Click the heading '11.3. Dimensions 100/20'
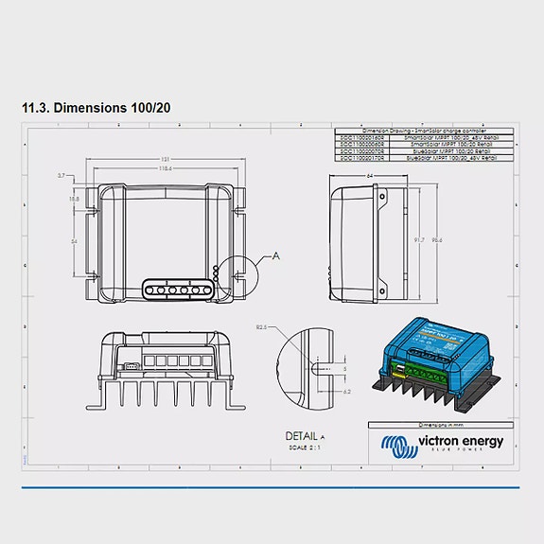pyautogui.click(x=96, y=108)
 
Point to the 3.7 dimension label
pyautogui.click(x=61, y=176)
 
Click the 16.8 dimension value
pyautogui.click(x=74, y=200)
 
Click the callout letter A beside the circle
pyautogui.click(x=275, y=255)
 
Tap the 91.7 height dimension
pyautogui.click(x=419, y=240)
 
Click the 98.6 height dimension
pyautogui.click(x=436, y=240)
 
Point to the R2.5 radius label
pyautogui.click(x=262, y=326)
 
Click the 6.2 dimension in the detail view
pyautogui.click(x=347, y=391)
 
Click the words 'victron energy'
pyautogui.click(x=455, y=441)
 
